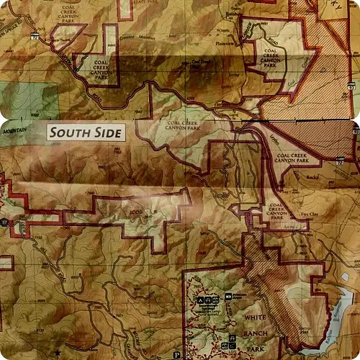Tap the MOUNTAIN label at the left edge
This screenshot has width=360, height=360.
click(x=14, y=130)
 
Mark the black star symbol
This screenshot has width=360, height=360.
click(x=57, y=352)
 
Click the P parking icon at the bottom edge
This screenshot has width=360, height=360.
click(x=176, y=355)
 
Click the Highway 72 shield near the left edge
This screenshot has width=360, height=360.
click(x=34, y=34)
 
